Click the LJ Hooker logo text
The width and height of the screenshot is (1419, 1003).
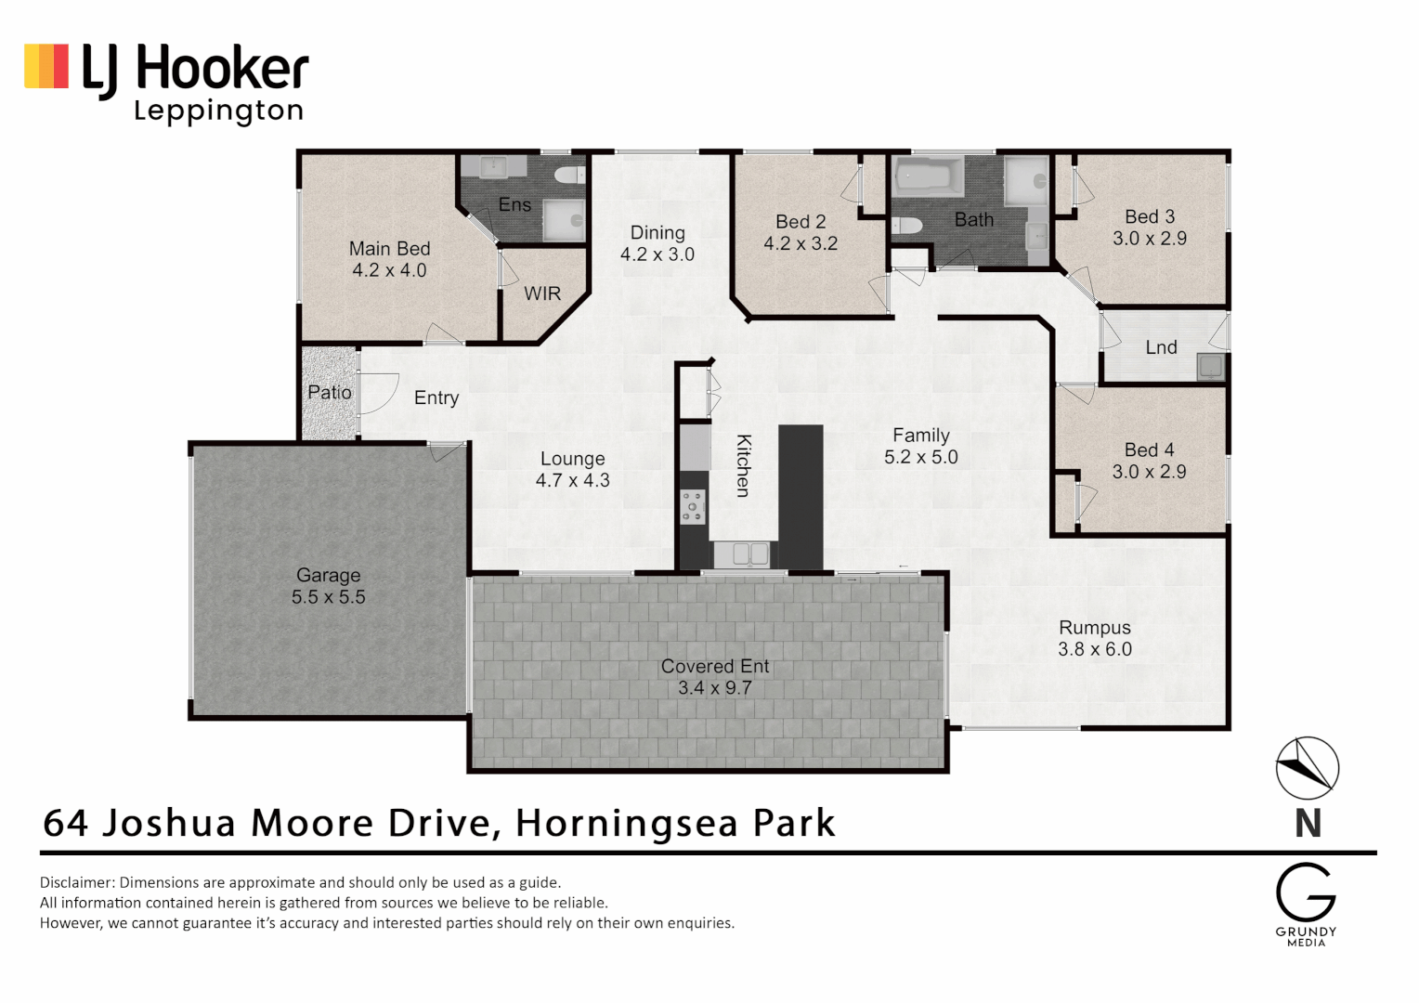coord(195,70)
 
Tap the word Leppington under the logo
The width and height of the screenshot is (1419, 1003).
coord(219,111)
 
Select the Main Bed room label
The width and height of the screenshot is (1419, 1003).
coord(389,249)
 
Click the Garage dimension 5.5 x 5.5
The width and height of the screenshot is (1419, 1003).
coord(329,597)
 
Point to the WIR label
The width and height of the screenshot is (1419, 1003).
coord(542,294)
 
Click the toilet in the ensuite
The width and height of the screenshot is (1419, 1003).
coord(569,174)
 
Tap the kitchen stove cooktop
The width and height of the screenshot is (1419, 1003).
coord(693,507)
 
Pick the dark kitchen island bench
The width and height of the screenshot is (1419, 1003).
coord(801,496)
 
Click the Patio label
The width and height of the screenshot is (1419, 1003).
coord(330,393)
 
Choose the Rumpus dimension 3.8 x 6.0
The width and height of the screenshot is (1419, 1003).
coord(1095,649)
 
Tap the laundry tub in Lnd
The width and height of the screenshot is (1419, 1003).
coord(1210,367)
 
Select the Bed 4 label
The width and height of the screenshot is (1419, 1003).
coord(1149,450)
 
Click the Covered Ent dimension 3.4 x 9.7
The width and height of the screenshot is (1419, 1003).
coord(714,688)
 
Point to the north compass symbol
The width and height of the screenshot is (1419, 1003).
coord(1307,768)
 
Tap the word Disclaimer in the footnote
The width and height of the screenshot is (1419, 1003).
coord(77,882)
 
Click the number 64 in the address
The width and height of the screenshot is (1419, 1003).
coord(66,823)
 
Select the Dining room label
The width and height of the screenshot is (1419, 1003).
coord(657,233)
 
